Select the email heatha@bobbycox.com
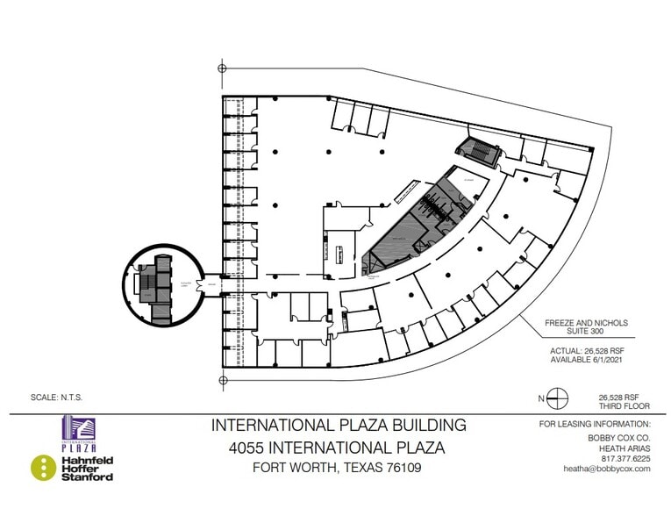click(606, 469)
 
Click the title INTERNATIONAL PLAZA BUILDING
click(339, 426)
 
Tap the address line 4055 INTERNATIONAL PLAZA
click(339, 447)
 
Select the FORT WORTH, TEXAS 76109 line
click(338, 468)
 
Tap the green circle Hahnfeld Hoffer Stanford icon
click(44, 468)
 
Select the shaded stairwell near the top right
click(478, 152)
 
